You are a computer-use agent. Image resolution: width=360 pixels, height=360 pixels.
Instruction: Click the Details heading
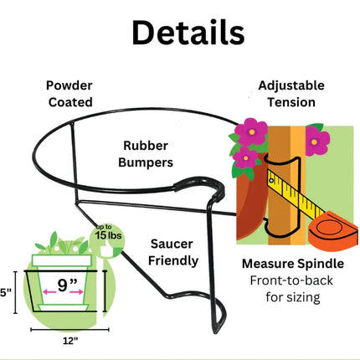188,33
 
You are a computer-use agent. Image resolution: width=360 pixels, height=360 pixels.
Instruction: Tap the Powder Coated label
69,94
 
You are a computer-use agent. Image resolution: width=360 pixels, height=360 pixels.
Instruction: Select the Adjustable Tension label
291,94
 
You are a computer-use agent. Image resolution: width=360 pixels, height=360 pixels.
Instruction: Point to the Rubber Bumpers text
146,154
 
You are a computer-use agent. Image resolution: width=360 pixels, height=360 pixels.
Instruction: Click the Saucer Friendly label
173,252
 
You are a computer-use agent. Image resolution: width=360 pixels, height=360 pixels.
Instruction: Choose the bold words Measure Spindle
293,264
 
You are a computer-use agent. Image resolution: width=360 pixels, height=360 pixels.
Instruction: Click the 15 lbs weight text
108,235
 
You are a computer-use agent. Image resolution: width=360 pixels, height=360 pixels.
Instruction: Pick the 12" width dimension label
70,341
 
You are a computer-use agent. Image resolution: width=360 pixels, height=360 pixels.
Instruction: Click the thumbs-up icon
107,249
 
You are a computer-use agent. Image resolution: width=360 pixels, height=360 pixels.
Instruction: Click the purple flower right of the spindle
317,141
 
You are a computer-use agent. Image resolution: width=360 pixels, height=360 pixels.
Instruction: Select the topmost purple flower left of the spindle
251,131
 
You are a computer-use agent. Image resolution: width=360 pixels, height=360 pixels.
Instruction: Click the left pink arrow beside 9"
49,292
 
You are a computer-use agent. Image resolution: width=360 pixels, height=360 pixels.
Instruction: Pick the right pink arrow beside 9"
76,292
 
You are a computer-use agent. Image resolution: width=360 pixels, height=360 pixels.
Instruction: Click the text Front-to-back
291,280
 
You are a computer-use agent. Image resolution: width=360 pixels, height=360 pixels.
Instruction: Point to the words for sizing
293,297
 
